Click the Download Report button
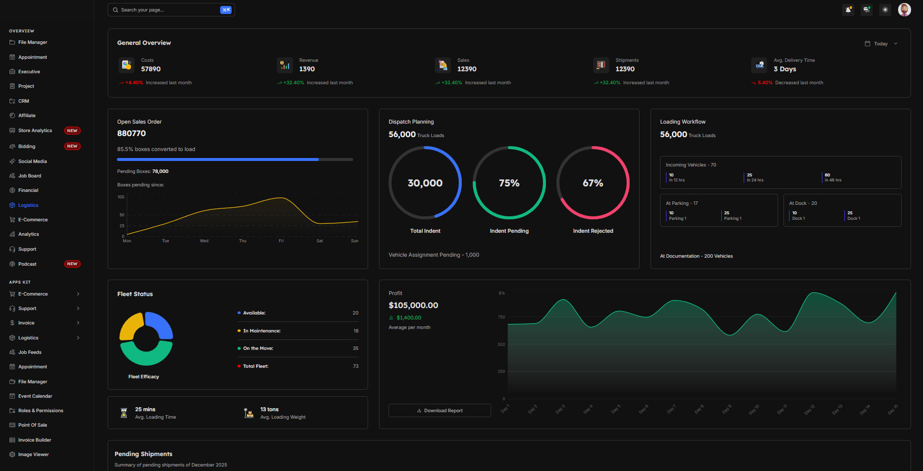[440, 411]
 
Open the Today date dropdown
[881, 44]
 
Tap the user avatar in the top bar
[904, 9]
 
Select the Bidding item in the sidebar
[27, 147]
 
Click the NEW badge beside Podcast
[72, 264]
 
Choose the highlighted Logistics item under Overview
[28, 205]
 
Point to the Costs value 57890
[151, 69]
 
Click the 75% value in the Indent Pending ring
[509, 183]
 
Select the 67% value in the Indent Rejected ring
[593, 183]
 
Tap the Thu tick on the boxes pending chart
[243, 241]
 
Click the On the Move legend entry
[258, 348]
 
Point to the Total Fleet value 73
[356, 366]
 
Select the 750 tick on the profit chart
[501, 317]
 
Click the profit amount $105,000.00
[413, 305]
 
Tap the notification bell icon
[848, 9]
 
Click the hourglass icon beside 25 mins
[124, 413]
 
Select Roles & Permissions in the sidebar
[41, 411]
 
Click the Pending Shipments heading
[143, 454]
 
